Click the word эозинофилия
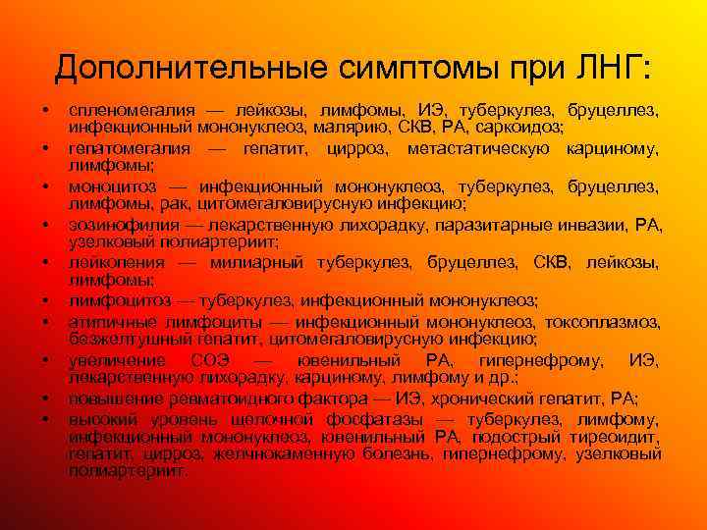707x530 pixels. pos(116,225)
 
